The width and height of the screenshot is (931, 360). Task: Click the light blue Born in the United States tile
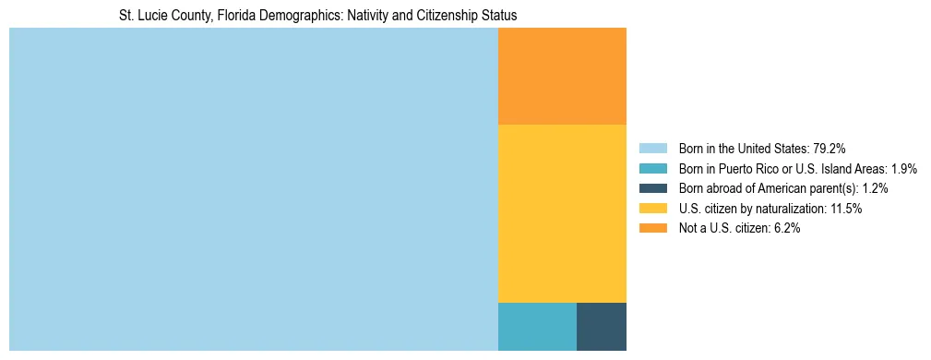coord(253,189)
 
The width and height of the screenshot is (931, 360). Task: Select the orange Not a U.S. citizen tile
coord(562,76)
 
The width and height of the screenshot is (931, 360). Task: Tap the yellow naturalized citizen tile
coord(562,213)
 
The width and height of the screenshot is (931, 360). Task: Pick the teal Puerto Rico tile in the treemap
coord(537,327)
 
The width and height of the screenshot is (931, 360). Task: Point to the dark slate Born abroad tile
coord(602,327)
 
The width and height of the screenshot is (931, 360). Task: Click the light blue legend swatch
coord(652,149)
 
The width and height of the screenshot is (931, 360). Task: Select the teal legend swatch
coord(652,169)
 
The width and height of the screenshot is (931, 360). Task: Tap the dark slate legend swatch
coord(652,188)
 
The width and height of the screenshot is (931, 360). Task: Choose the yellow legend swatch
coord(652,209)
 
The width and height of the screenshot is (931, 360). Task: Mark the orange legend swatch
coord(652,229)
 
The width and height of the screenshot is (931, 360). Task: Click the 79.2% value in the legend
coord(830,149)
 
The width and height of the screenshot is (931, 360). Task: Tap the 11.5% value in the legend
coord(845,209)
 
